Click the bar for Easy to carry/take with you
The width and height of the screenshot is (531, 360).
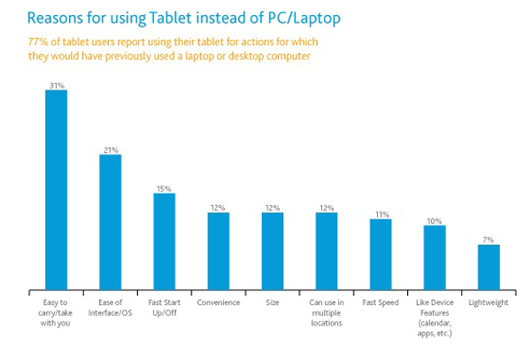click(x=56, y=189)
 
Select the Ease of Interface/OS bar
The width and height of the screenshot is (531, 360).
click(x=110, y=222)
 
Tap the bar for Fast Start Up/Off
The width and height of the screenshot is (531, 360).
click(x=164, y=241)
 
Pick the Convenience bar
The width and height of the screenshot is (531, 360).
click(x=219, y=250)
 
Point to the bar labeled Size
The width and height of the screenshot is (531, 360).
click(x=273, y=250)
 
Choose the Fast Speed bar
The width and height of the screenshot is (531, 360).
click(x=381, y=254)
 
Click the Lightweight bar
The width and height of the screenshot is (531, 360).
click(x=489, y=266)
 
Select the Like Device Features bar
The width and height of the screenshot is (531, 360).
click(x=435, y=257)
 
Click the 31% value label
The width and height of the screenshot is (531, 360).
click(x=56, y=85)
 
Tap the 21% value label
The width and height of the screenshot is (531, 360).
click(x=110, y=149)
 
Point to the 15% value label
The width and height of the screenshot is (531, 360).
click(x=164, y=188)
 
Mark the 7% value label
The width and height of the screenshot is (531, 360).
click(x=489, y=239)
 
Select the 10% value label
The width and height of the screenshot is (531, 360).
click(x=435, y=220)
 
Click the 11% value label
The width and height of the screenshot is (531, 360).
click(x=381, y=213)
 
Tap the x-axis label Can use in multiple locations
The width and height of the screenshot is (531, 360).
click(x=327, y=312)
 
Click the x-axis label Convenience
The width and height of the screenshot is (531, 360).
click(x=219, y=302)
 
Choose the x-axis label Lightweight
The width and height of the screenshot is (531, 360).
click(x=489, y=302)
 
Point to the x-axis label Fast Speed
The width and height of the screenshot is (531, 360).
click(x=381, y=302)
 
